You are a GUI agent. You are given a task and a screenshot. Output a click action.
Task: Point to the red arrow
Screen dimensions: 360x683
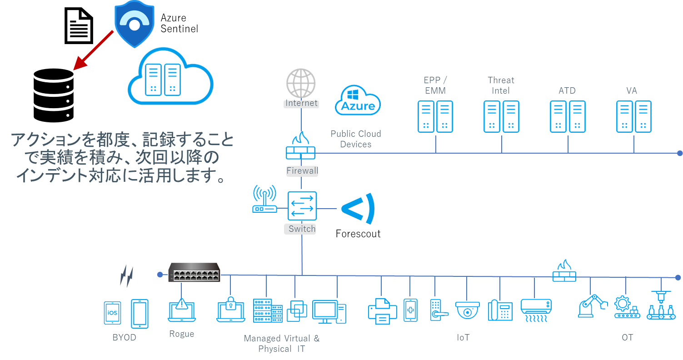(x=94, y=50)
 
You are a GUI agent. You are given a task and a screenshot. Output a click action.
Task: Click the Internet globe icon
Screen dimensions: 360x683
(x=301, y=83)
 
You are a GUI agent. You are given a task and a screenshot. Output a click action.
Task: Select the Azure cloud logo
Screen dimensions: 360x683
(x=358, y=101)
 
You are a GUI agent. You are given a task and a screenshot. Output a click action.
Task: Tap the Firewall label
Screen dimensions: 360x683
(x=302, y=171)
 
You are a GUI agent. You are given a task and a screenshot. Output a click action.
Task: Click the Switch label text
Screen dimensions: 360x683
(x=302, y=229)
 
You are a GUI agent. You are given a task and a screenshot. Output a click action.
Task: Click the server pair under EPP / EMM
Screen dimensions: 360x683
(x=435, y=117)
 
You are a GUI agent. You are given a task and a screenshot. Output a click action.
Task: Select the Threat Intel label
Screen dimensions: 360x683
(x=501, y=85)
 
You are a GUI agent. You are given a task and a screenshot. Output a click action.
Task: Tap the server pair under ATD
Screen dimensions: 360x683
(x=568, y=117)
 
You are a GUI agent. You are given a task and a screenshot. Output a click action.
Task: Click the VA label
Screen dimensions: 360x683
(x=632, y=91)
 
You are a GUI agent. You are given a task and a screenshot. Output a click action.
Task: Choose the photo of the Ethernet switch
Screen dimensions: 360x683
(x=194, y=272)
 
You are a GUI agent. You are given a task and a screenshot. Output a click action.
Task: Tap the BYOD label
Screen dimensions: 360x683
(x=124, y=338)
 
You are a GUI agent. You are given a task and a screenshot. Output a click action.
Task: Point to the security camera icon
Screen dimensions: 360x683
(x=468, y=310)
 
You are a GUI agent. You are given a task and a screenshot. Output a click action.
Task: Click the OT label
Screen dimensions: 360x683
(x=627, y=337)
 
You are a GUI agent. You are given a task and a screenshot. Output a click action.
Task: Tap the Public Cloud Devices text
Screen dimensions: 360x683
(x=355, y=139)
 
